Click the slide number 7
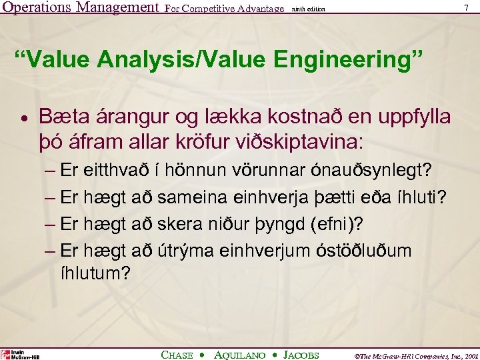pos(465,8)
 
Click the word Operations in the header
pos(37,9)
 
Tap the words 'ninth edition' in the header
pos(309,9)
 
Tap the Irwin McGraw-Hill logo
pos(20,355)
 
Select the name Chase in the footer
pos(177,355)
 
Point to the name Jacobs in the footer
pos(301,355)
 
